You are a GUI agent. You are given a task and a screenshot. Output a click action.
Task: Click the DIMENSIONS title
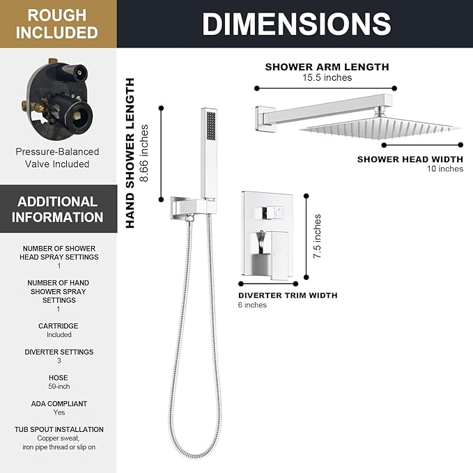tap(297, 24)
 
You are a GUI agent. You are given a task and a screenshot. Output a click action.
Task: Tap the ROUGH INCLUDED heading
tap(57, 24)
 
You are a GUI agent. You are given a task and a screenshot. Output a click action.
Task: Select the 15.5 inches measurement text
tap(327, 77)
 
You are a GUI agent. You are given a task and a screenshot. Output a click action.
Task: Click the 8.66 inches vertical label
tap(144, 153)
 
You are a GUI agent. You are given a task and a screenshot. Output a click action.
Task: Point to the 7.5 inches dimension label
tap(317, 236)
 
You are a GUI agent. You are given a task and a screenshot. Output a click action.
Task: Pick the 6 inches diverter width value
tap(252, 305)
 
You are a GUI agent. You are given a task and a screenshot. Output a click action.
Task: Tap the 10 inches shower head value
tap(445, 169)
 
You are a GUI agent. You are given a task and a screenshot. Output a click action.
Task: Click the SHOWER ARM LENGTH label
tap(327, 67)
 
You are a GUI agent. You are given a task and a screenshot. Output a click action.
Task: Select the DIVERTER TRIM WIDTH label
tap(288, 295)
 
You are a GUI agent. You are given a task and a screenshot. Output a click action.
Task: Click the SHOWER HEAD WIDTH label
tap(410, 159)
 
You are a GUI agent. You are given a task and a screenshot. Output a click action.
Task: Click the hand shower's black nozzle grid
tap(211, 126)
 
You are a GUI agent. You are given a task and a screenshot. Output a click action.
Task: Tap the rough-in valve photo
tap(56, 99)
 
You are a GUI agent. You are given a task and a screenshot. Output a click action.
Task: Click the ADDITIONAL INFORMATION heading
tap(57, 210)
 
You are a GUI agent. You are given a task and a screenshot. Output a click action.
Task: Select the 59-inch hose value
tap(59, 387)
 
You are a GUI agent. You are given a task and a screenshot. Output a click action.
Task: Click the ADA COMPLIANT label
tap(59, 403)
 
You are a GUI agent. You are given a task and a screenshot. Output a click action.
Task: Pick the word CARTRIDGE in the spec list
tap(59, 326)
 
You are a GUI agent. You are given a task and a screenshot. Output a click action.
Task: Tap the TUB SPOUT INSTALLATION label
tap(59, 429)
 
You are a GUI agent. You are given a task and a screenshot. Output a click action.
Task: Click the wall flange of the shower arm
tap(265, 118)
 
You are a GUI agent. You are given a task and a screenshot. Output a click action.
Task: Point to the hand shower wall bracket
tap(193, 207)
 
